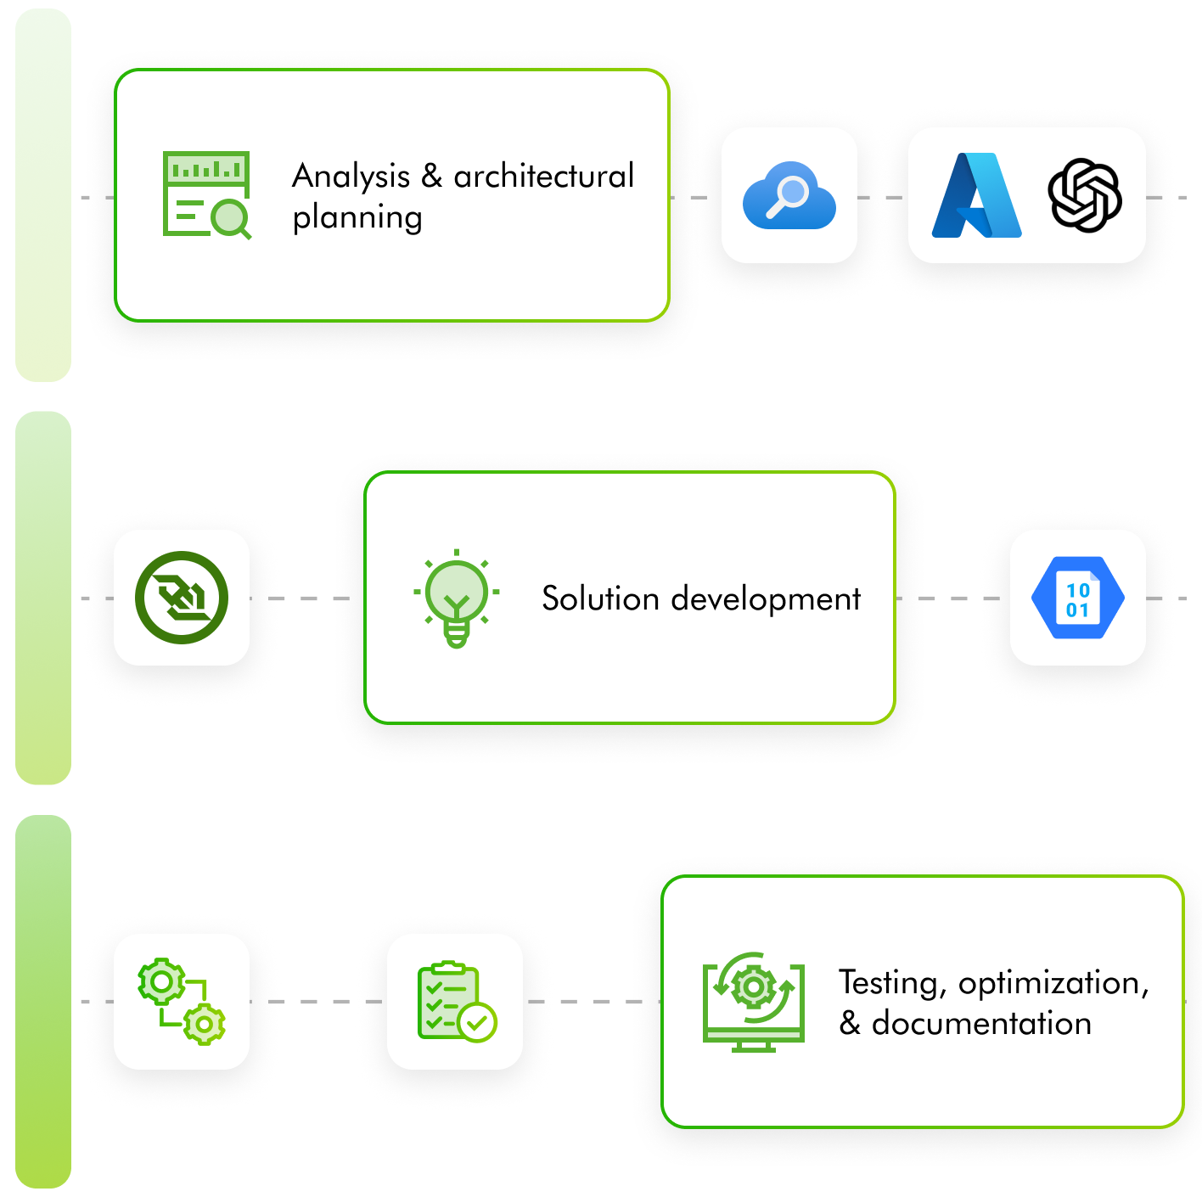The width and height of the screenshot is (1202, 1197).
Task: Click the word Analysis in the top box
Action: click(351, 177)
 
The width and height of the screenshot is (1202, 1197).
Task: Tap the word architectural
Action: click(544, 177)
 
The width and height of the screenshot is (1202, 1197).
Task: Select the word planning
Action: click(357, 217)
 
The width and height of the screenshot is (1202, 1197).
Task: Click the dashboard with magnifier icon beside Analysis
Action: click(206, 194)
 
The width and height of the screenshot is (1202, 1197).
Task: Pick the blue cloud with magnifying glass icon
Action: click(789, 196)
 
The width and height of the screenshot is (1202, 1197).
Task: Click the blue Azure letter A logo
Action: click(976, 195)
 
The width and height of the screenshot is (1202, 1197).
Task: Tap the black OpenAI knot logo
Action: click(1085, 195)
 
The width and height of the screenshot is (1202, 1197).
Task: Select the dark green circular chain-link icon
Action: click(182, 598)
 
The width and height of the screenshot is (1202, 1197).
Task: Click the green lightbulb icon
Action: click(457, 598)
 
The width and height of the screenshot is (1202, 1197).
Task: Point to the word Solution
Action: click(601, 599)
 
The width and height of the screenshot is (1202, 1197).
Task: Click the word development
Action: click(766, 599)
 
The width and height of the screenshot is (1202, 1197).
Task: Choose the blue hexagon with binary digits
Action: click(1077, 598)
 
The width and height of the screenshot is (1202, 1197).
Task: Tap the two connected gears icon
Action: click(182, 1002)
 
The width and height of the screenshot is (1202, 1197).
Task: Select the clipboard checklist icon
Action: click(456, 1002)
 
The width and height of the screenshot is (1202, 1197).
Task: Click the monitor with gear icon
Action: click(753, 1002)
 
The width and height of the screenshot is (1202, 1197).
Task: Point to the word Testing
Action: click(890, 983)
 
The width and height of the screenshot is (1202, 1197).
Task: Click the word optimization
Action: click(1053, 983)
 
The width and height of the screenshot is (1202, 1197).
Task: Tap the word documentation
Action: click(982, 1024)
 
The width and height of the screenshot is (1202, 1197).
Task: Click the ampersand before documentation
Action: click(850, 1024)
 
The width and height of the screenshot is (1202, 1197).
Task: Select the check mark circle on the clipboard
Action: click(477, 1022)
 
